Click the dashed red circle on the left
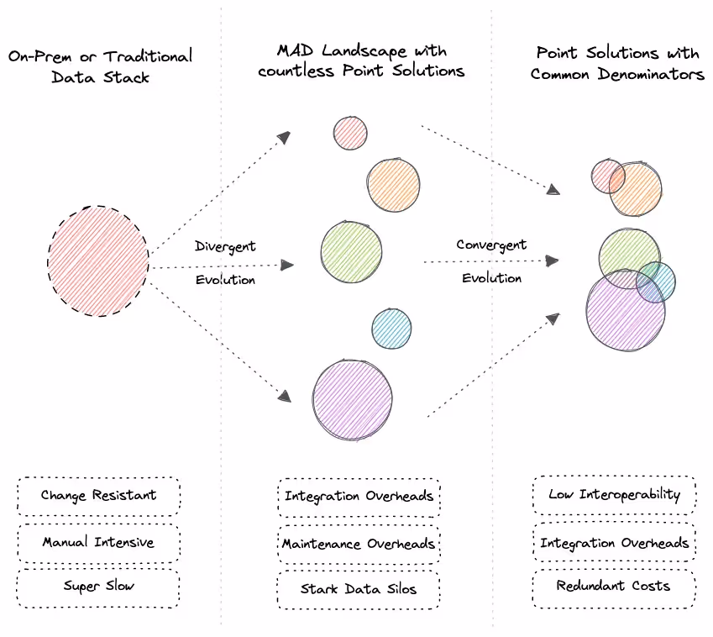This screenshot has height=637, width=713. [98, 261]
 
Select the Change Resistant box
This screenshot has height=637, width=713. [98, 496]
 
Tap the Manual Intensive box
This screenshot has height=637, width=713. [98, 542]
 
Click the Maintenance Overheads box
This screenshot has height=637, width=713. [359, 544]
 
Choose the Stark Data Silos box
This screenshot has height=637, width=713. [359, 589]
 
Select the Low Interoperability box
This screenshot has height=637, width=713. [614, 494]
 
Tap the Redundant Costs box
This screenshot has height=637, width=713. [614, 586]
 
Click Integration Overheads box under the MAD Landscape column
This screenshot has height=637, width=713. [359, 497]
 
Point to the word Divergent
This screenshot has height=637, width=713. [225, 247]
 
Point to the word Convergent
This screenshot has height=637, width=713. [491, 245]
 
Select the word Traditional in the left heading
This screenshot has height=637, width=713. [148, 57]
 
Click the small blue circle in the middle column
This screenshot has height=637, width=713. [391, 329]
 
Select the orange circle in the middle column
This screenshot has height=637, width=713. [393, 185]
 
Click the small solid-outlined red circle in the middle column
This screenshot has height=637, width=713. [349, 133]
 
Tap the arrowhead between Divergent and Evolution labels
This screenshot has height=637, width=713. [287, 266]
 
